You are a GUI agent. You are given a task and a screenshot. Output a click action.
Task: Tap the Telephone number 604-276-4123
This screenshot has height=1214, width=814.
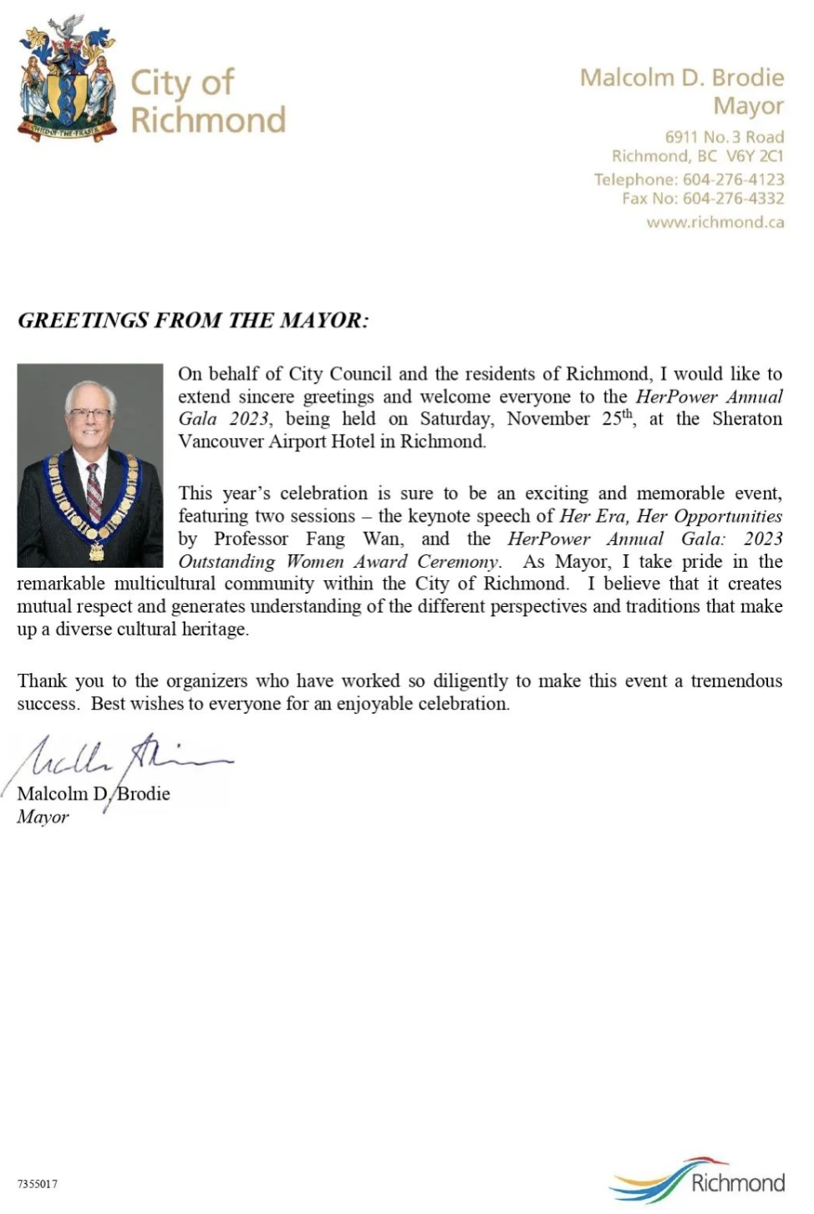coord(733,179)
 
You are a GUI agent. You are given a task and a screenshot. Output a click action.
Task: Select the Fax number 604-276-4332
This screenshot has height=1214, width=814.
coord(733,198)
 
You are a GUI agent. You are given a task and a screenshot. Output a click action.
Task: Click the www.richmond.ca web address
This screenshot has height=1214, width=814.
coord(715,222)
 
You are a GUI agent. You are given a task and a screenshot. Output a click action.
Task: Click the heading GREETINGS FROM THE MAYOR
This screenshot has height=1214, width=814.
coord(193,320)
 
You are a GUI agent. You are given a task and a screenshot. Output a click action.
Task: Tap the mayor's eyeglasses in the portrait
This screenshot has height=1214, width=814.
coord(89,414)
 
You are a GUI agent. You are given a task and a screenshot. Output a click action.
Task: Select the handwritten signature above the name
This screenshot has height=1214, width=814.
coord(125,757)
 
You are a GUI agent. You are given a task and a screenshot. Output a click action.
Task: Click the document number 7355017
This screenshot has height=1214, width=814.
coord(38,1184)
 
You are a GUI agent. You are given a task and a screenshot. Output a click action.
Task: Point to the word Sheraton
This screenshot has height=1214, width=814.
coord(747,419)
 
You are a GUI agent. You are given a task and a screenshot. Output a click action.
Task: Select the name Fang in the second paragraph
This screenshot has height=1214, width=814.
coord(325,539)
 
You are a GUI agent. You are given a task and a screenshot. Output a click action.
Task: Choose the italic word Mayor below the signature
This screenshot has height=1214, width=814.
coord(43,817)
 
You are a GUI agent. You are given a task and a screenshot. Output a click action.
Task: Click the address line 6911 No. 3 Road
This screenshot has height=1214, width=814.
coord(724,136)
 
